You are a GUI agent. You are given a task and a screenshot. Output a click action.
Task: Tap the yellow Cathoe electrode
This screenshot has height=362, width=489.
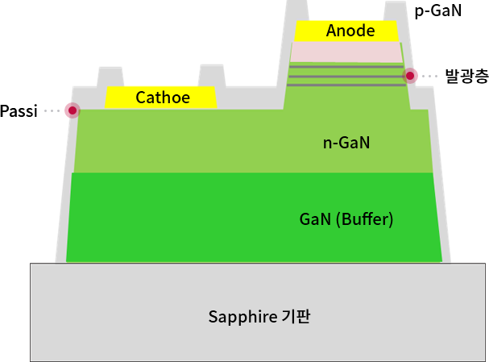pos(161,98)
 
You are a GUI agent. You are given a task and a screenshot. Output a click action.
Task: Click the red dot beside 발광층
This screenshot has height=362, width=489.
pos(410,76)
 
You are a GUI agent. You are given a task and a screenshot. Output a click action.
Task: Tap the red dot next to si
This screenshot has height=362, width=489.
pos(73,110)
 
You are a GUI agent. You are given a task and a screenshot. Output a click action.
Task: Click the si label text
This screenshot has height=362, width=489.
pos(31,110)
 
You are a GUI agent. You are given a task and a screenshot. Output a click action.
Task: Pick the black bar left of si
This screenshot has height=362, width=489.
pos(11,110)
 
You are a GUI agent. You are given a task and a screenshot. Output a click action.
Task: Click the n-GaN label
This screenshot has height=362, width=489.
pos(346,144)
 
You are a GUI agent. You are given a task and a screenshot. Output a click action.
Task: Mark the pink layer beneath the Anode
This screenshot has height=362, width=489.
pos(346,52)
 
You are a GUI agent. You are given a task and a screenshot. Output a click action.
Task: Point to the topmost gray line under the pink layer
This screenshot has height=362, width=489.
pos(346,66)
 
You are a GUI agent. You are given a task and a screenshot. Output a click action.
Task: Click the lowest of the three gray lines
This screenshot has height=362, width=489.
pos(346,83)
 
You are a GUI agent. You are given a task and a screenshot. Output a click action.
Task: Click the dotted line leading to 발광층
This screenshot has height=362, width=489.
pos(430,76)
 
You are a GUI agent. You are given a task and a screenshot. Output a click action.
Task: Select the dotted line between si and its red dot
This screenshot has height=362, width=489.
pos(53,110)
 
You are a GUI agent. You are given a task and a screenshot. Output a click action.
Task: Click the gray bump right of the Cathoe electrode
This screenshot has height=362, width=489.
pos(211,75)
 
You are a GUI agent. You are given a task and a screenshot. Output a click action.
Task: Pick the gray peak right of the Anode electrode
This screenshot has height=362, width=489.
pos(396,12)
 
